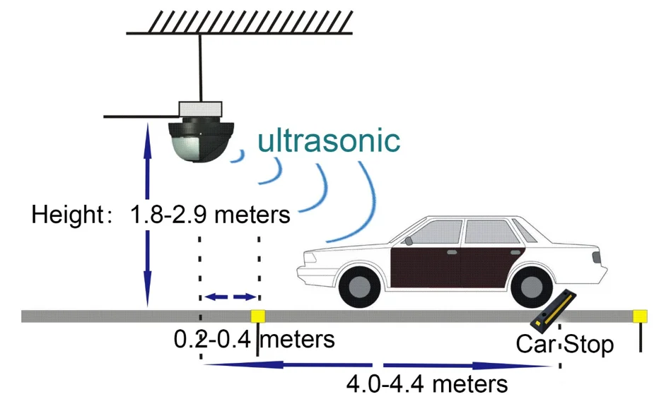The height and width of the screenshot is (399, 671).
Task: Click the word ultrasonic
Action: [329, 141]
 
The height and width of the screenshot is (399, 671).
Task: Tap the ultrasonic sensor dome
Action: [201, 142]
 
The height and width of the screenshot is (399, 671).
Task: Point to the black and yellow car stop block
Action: [553, 309]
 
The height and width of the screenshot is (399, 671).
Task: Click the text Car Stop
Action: [565, 344]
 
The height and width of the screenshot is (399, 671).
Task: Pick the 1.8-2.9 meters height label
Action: [210, 214]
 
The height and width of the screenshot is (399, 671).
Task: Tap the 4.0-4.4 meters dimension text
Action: [426, 383]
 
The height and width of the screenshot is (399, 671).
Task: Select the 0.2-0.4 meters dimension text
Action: [255, 340]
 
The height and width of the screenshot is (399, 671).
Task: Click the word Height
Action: [68, 214]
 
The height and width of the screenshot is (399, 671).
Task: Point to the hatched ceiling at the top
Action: [240, 22]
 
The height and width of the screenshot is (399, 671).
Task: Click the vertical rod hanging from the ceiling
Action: [200, 68]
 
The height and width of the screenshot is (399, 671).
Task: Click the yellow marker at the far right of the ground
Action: [640, 316]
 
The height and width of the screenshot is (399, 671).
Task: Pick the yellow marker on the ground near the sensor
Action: [257, 316]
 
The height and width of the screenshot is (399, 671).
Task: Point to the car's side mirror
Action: [409, 241]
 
